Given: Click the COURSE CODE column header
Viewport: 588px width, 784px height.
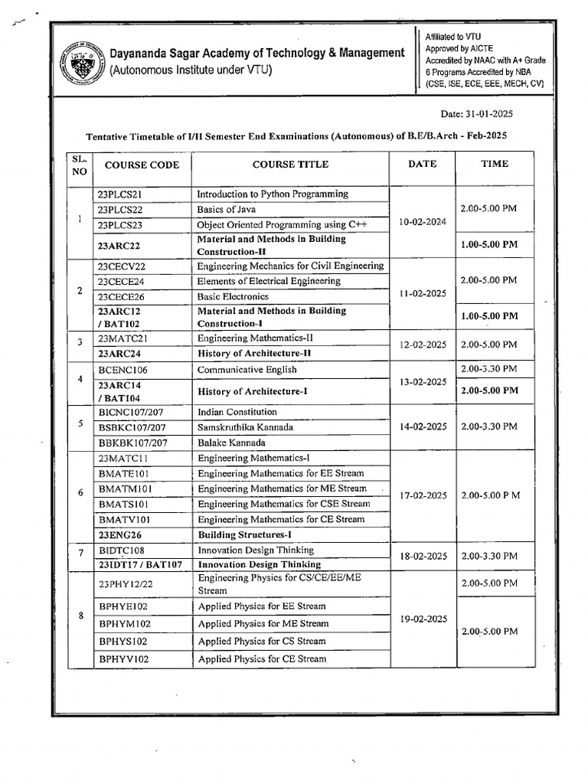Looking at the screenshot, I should [x=142, y=165].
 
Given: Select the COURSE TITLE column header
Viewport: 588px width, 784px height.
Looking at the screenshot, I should [x=290, y=165].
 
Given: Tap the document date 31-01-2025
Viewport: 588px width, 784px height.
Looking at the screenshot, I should [x=476, y=114].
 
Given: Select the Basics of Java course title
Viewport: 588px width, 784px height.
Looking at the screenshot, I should [x=226, y=210].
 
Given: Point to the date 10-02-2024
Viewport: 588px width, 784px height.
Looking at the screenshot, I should [x=422, y=222].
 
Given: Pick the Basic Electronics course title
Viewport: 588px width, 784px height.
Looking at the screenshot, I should [x=233, y=296].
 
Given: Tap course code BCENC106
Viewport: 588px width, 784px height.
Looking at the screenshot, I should [x=122, y=370].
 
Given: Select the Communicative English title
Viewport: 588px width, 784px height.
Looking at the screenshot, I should [x=247, y=370].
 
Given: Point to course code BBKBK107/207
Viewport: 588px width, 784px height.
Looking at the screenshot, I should [x=132, y=443].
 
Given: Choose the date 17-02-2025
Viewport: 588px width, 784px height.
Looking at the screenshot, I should [x=423, y=495].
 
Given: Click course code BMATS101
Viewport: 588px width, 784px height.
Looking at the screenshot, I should [x=123, y=504].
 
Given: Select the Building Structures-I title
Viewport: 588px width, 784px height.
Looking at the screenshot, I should [x=244, y=534].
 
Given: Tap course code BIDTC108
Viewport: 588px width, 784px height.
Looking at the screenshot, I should [x=121, y=550].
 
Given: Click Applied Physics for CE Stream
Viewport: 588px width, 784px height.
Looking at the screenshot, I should [x=262, y=659].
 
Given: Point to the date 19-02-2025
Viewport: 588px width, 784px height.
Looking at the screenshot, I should [x=423, y=619].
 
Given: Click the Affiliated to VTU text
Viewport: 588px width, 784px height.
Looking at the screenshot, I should [x=454, y=37].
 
